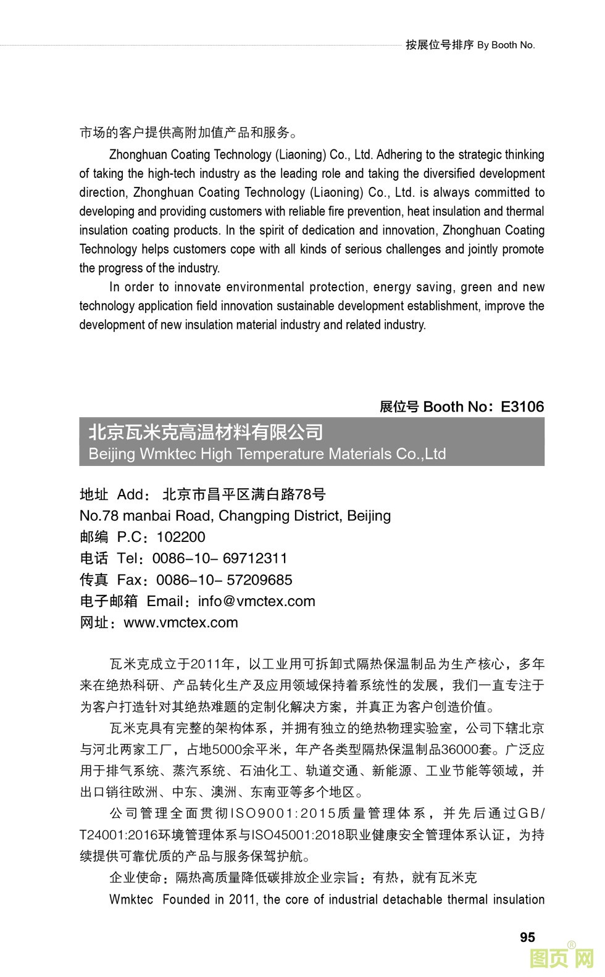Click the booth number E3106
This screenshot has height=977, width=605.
pos(522,407)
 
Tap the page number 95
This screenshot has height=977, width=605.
pos(527,938)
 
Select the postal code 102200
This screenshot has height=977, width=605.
pos(181,537)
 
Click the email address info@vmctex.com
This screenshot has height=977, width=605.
pos(256,601)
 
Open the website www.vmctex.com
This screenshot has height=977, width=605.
pos(181,623)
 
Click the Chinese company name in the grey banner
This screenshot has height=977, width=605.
pos(206,432)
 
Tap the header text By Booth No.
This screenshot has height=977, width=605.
pos(506,45)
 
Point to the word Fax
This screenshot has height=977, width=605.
pos(130,580)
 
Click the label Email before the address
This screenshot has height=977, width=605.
pos(165,601)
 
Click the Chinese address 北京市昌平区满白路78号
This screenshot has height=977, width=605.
pos(244,494)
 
